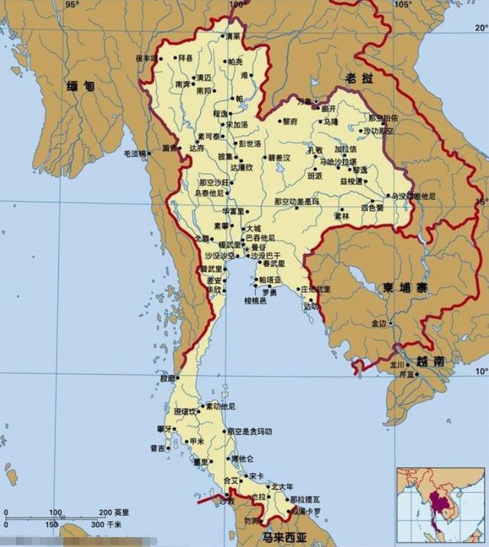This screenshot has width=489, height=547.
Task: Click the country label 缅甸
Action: [80, 86]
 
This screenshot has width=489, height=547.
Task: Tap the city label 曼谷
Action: [257, 247]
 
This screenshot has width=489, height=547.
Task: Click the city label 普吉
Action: [157, 449]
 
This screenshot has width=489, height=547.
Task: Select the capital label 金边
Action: [379, 323]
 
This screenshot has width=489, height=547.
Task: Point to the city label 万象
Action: [304, 101]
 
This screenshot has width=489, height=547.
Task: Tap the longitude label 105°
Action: [403, 5]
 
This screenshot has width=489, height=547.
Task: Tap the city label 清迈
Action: [204, 78]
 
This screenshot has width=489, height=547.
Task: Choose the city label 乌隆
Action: [329, 121]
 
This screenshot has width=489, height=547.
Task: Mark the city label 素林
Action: [341, 216]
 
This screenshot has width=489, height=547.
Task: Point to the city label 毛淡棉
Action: [135, 153]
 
